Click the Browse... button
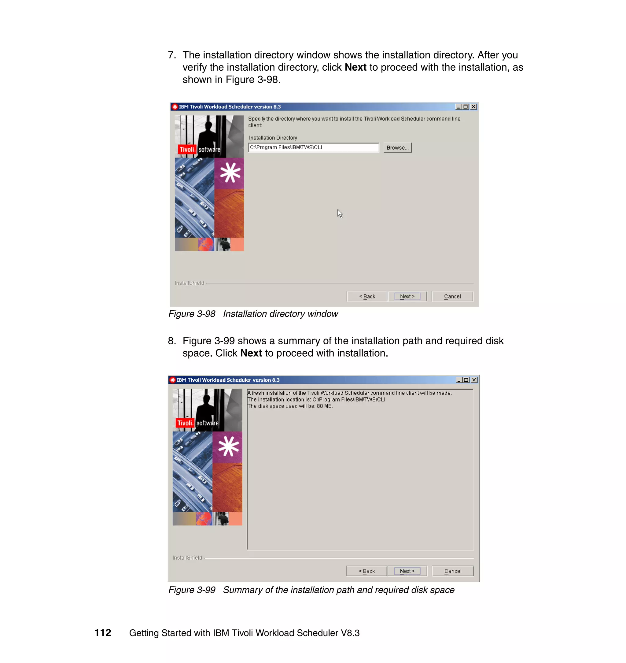coord(397,148)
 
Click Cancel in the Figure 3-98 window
coord(452,296)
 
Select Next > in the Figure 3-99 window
coord(407,571)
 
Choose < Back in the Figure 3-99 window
coord(366,571)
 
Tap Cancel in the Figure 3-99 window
coord(452,571)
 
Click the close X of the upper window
coord(473,106)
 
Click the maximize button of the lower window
coord(466,380)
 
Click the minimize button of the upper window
coord(458,106)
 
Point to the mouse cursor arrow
coord(339,213)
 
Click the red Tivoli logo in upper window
coord(186,150)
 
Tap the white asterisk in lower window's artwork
coord(228,446)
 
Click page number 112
coord(102,633)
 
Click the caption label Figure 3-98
coord(192,314)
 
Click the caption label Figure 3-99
coord(192,590)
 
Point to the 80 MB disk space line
coord(290,406)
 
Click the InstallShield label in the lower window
coord(187,557)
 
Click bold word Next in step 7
coord(355,67)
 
